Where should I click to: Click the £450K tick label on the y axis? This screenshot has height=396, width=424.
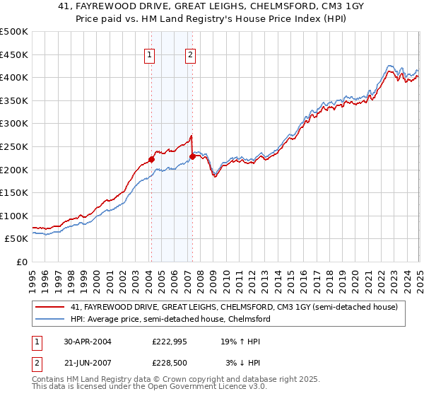coord(14,54)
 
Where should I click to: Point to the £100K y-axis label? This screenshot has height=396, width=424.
coord(14,216)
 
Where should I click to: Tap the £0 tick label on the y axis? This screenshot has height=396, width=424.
coord(21,262)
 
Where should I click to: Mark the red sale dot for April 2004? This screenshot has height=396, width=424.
coord(151,159)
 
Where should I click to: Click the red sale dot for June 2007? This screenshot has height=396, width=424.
coord(192,156)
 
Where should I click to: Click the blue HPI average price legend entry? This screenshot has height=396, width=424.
coord(170,319)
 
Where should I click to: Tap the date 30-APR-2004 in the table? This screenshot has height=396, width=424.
coord(88,342)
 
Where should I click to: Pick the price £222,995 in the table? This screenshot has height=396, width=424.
coord(168,342)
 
